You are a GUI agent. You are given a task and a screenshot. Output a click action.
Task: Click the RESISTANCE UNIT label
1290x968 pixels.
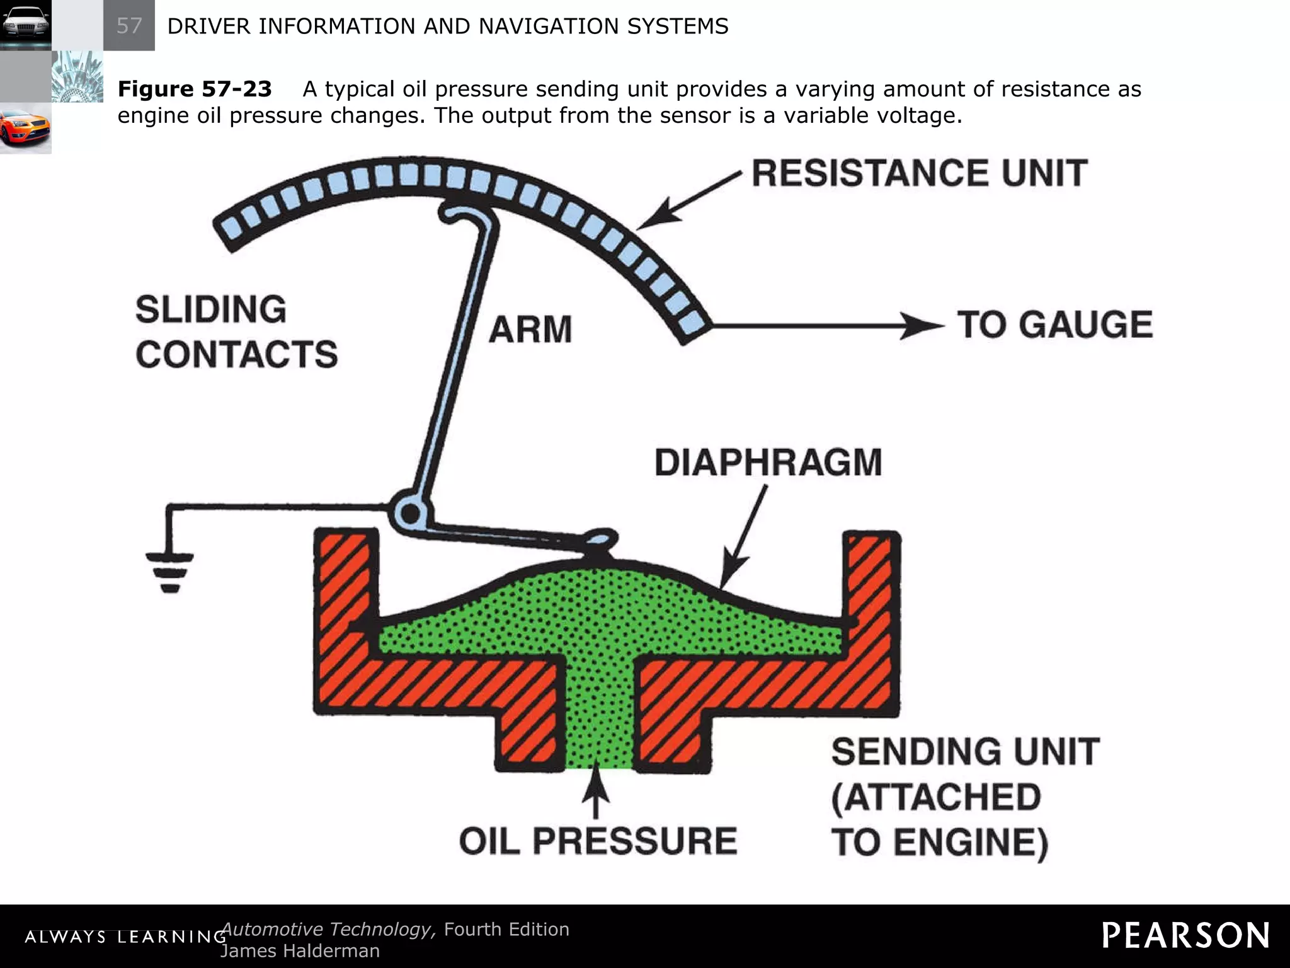click(x=920, y=173)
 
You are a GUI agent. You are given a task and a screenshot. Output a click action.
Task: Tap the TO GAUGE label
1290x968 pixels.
click(x=1055, y=325)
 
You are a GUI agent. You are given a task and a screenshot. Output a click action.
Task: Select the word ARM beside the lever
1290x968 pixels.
click(x=530, y=330)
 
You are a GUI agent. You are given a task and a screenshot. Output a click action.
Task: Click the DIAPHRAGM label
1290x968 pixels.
click(x=768, y=463)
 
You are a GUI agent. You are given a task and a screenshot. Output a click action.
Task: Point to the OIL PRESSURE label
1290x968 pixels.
click(x=598, y=841)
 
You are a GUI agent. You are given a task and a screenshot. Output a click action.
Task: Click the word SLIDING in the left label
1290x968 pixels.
click(x=211, y=310)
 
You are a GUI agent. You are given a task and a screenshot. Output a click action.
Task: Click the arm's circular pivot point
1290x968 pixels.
click(x=410, y=514)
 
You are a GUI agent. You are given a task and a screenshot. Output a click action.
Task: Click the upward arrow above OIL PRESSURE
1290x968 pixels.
click(x=596, y=794)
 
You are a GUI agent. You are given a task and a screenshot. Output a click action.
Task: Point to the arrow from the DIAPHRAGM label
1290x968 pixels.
click(x=743, y=536)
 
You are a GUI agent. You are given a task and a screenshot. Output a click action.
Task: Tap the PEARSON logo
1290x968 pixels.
click(x=1185, y=935)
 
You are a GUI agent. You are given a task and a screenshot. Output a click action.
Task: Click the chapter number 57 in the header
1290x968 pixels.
click(x=129, y=26)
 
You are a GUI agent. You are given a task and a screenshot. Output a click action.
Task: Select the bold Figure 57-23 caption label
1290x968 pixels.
click(x=195, y=89)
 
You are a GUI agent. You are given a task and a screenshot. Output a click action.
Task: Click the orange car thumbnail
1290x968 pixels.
click(x=25, y=129)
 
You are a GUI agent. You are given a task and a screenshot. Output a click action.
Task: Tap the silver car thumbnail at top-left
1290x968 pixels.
click(x=25, y=25)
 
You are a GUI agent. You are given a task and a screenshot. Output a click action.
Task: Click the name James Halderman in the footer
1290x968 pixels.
click(x=300, y=950)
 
